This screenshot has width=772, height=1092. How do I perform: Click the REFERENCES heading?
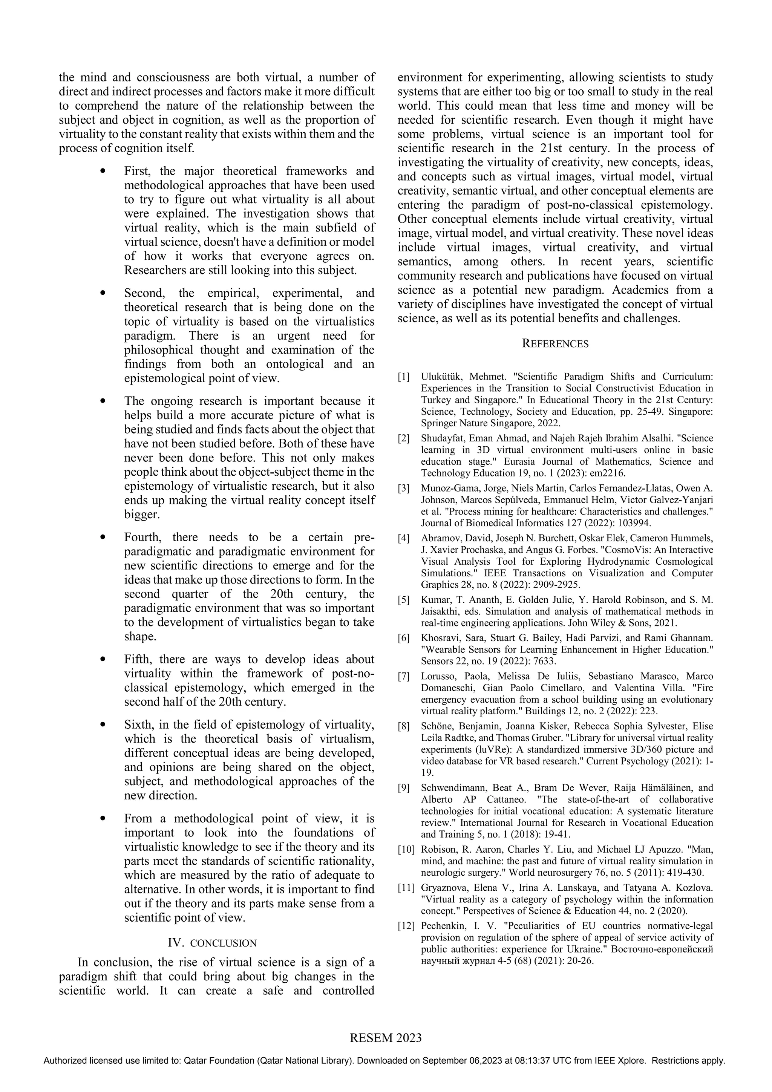coord(555,344)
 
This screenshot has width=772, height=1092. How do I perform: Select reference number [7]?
coord(403,676)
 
